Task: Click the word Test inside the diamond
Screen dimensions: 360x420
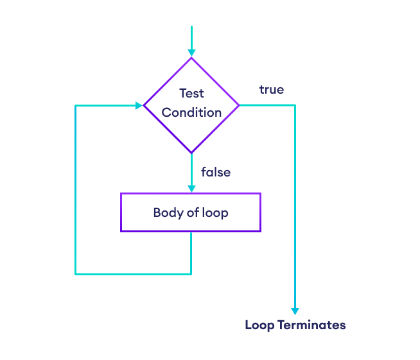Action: [x=191, y=93]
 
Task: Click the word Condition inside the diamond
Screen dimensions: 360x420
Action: [x=191, y=112]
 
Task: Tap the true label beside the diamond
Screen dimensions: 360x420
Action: [x=271, y=90]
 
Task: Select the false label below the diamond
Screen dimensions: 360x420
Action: [x=216, y=172]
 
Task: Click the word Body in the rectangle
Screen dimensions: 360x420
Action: [x=166, y=212]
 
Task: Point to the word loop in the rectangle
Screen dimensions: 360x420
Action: [x=214, y=212]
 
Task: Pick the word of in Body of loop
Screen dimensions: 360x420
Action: [x=191, y=212]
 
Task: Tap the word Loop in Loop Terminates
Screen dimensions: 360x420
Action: [x=259, y=325]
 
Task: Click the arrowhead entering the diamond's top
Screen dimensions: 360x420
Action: [x=191, y=53]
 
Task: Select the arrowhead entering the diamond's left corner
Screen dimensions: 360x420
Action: [x=139, y=105]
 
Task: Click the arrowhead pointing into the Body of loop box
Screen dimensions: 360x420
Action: [x=191, y=188]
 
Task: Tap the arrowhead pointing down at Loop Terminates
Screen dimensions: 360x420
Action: [x=295, y=311]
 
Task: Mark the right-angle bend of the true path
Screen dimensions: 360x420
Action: [x=295, y=105]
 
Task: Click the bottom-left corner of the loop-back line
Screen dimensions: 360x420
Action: [x=76, y=274]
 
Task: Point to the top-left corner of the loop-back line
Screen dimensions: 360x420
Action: [x=76, y=105]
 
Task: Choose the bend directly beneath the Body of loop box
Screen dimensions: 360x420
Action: [x=191, y=274]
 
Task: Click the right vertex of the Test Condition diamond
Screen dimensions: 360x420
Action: [x=239, y=105]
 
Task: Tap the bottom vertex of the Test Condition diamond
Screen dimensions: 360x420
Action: [x=191, y=153]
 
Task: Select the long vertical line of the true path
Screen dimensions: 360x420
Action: [x=295, y=205]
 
